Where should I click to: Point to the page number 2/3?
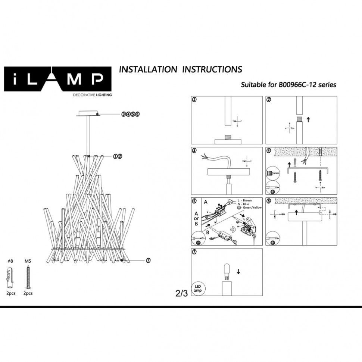(181, 293)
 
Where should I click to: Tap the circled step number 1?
(194, 100)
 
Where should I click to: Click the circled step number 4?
(269, 151)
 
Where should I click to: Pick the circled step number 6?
(269, 201)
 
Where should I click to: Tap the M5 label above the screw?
(27, 262)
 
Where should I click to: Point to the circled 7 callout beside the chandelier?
(148, 260)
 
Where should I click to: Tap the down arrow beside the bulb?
(238, 272)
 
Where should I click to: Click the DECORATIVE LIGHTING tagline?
(92, 95)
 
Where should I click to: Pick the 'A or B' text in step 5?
(196, 218)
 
